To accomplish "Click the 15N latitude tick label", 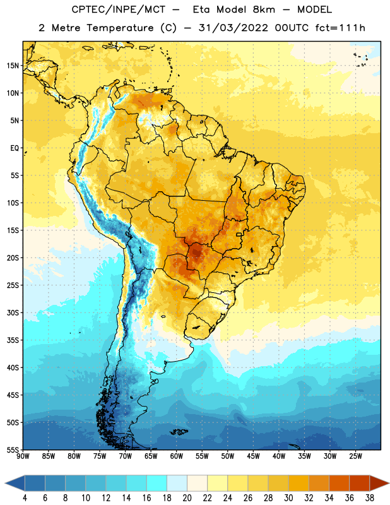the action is click(13, 66).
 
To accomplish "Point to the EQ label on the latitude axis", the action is click(15, 148).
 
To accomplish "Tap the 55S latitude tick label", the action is click(13, 450).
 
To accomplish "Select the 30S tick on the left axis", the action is click(13, 312).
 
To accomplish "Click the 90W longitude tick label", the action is click(23, 456).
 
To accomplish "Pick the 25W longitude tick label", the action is click(355, 456).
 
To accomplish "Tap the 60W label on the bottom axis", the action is click(177, 456).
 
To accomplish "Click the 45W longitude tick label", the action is click(254, 456).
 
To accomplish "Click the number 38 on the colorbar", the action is click(370, 498).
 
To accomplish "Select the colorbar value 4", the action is click(25, 498).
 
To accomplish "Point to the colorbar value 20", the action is click(187, 498).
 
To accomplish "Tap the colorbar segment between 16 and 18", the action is click(157, 484).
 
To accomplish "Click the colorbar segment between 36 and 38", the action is click(360, 484).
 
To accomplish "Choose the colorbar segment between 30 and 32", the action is click(298, 484).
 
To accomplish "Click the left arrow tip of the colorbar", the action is click(5, 484).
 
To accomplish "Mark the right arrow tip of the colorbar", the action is click(389, 484).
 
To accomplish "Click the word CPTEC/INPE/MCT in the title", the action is click(119, 9).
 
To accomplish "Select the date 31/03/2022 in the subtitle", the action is click(233, 28).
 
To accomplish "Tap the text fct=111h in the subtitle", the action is click(340, 28).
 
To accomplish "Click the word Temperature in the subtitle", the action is click(120, 28).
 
